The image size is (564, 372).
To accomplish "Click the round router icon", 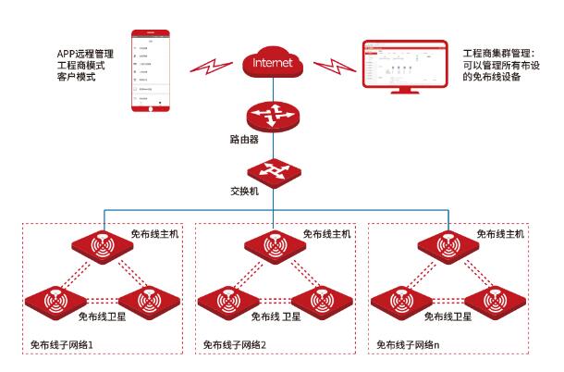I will coord(275,116).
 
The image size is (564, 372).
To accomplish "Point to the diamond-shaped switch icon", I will coord(275,171).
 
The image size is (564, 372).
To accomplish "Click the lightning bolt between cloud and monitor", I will coord(333,67).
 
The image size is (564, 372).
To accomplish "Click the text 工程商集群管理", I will coord(491,54).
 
